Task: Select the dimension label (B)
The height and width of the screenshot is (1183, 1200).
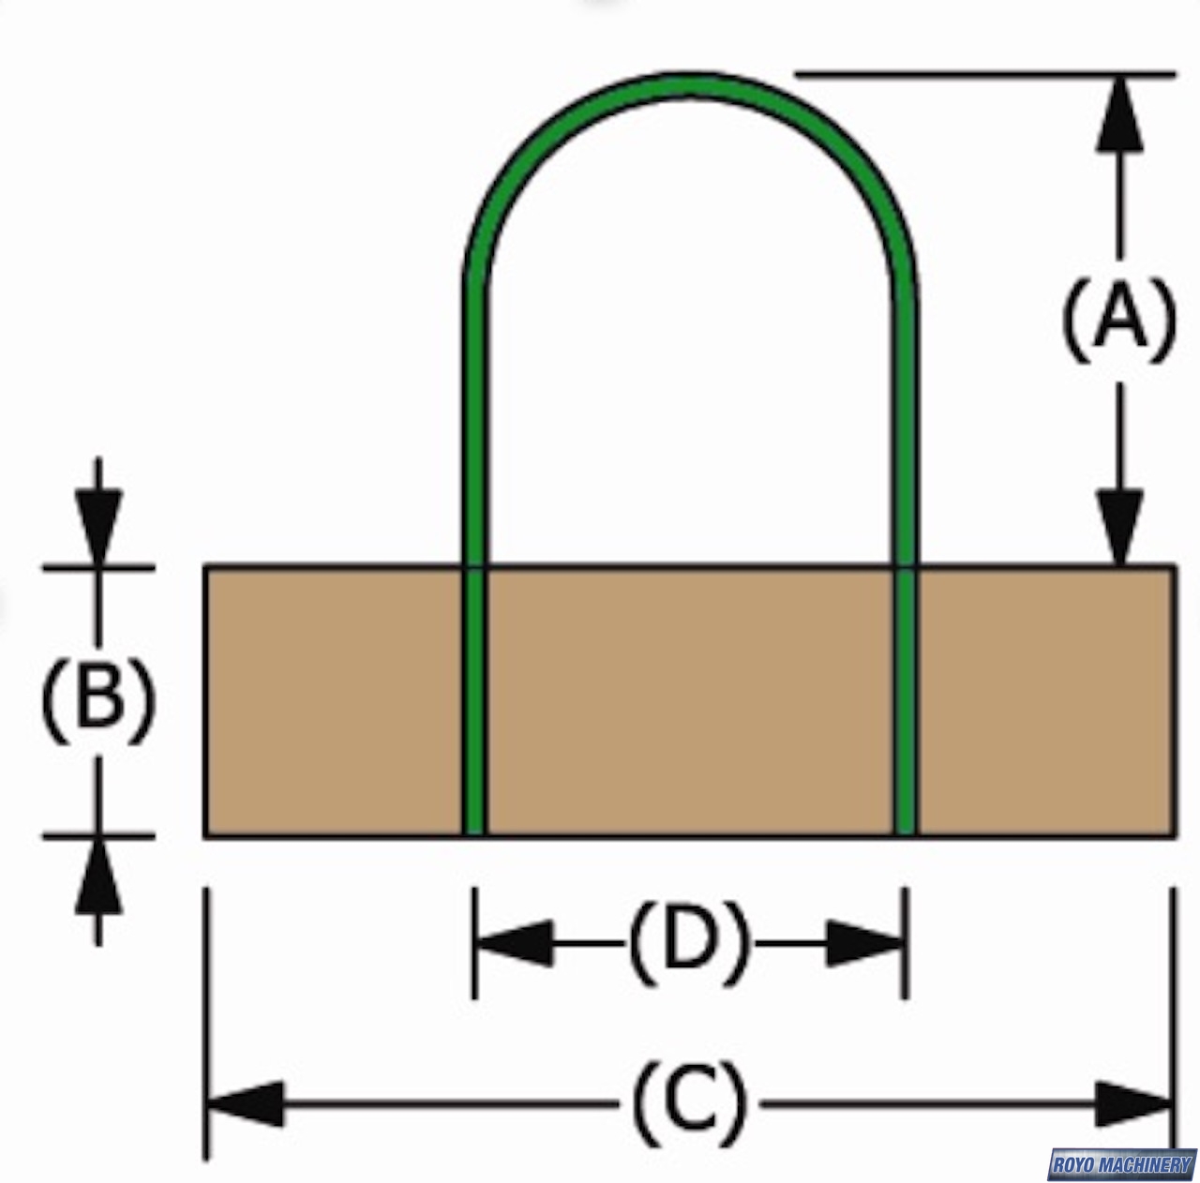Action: coord(97,698)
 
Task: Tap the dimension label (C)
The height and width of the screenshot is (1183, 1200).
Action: coord(690,1103)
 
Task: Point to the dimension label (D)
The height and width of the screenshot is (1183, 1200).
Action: coord(689,943)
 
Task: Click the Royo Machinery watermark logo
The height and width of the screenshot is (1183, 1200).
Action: coord(1122,1164)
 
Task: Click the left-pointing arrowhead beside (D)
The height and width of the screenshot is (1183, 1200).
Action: coord(514,943)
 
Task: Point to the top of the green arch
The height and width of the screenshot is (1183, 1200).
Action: coord(689,84)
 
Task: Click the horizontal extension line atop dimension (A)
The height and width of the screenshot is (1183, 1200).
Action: coord(984,72)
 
